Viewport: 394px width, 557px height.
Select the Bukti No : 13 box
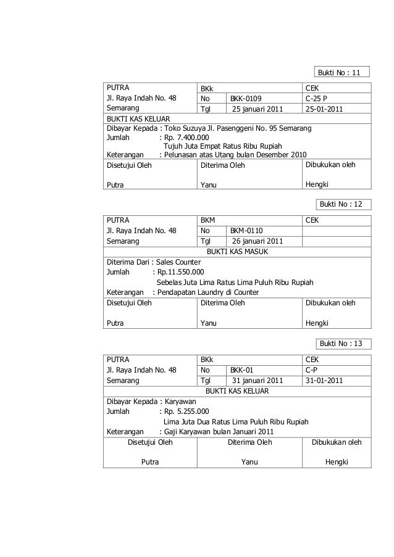[342, 343]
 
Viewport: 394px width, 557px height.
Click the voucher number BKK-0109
[246, 98]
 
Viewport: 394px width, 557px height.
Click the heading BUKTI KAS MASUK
[237, 252]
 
